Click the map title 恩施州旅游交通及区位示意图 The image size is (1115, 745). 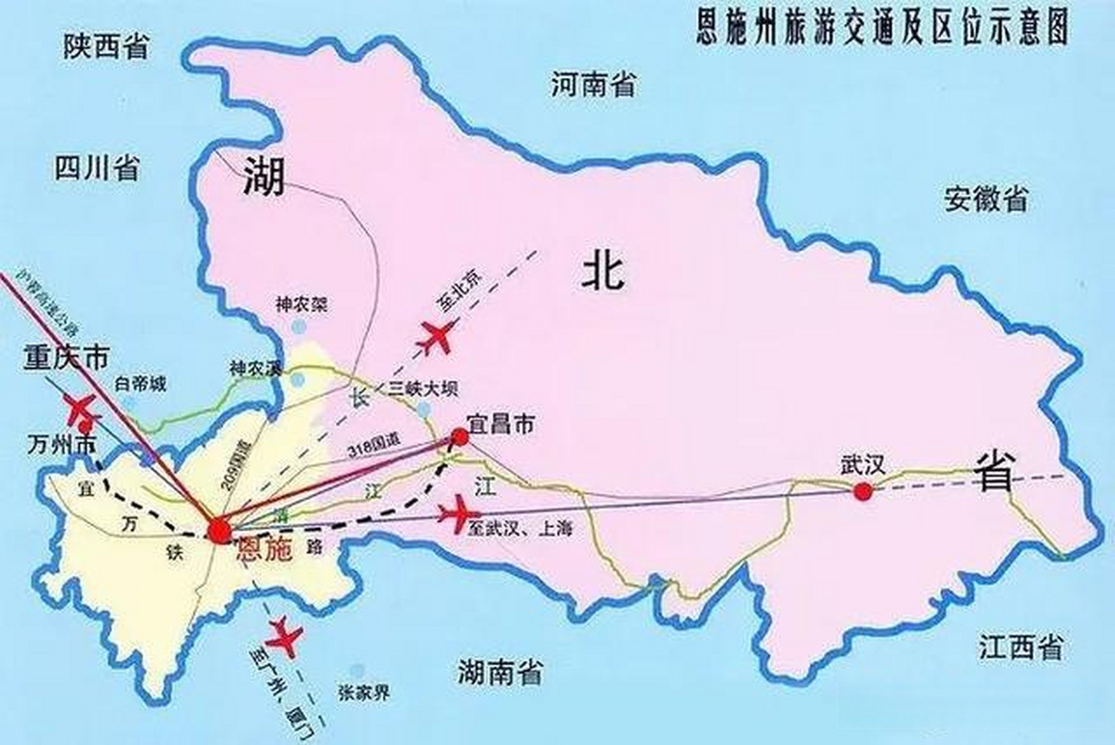point(882,27)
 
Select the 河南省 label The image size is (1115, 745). point(593,85)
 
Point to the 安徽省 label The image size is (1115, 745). point(986,199)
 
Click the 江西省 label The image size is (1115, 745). point(1021,647)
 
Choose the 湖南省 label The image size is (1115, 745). point(499,672)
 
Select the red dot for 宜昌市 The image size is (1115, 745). point(460,437)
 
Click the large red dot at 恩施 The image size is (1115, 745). point(220,530)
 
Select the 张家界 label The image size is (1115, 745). point(364,693)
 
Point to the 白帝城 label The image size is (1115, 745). point(140,384)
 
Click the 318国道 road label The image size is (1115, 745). point(373,450)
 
